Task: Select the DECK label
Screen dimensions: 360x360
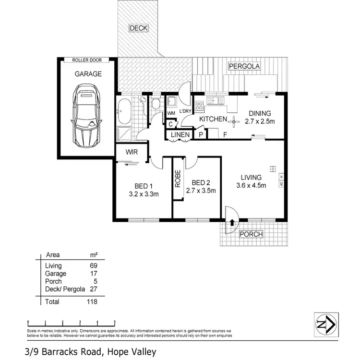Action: point(139,28)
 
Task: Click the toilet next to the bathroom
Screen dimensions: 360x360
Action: point(156,104)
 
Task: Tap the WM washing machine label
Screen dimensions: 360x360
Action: point(170,113)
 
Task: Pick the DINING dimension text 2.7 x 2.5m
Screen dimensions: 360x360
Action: point(260,122)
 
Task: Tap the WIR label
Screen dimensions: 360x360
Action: point(132,152)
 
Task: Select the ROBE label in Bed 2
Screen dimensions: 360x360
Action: point(178,179)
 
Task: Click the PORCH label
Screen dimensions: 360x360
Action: point(251,235)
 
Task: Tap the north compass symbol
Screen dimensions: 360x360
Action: point(326,324)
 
